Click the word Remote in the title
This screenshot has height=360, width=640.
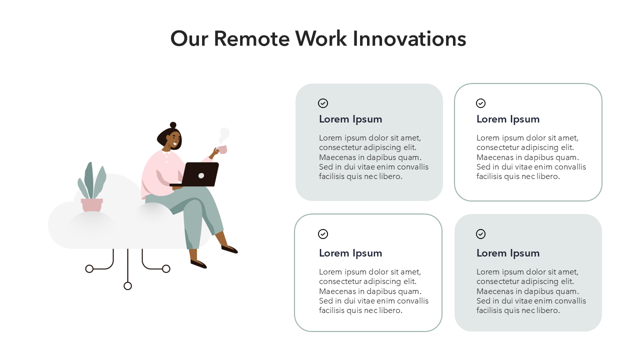[x=251, y=39]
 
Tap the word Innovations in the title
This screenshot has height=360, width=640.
[x=409, y=39]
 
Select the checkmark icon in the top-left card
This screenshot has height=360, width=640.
[x=323, y=103]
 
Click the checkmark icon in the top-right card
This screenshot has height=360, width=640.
[x=480, y=103]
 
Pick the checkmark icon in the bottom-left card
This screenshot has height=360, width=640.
[x=323, y=234]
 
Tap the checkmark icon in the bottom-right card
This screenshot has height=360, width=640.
[x=480, y=234]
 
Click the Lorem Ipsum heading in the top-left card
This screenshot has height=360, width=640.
[x=350, y=119]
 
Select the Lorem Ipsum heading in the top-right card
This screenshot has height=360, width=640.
[x=508, y=119]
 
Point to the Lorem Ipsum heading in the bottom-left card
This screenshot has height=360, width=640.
[x=350, y=253]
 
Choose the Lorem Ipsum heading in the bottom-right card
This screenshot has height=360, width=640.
[x=508, y=253]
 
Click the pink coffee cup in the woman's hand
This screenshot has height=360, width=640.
[x=221, y=149]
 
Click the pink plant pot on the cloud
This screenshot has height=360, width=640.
[x=91, y=205]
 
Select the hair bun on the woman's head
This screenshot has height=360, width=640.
[x=173, y=125]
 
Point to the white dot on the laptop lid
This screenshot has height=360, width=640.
[x=201, y=175]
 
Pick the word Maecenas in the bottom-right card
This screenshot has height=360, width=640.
[x=492, y=291]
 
